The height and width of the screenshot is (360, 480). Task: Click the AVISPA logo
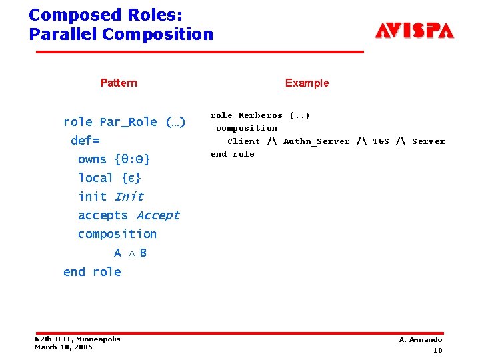point(414,31)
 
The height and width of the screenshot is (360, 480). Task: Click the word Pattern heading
point(119,83)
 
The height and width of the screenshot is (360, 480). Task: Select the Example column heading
point(307,83)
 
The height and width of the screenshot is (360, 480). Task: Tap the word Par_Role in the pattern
point(129,122)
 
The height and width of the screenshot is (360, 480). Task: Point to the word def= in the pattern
point(85,141)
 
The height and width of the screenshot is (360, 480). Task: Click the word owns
point(92,159)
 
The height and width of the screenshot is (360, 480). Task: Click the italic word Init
point(129,197)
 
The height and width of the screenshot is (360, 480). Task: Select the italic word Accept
point(158,215)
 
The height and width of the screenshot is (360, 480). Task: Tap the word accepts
point(103,215)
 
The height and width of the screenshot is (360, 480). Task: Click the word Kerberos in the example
point(261,115)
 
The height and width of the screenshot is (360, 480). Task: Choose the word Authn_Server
point(316,141)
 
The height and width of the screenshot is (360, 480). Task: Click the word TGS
point(381,141)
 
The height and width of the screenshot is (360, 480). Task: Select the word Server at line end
point(428,141)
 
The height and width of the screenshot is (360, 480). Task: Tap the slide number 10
point(437,350)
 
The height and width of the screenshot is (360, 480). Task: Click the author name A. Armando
point(420,340)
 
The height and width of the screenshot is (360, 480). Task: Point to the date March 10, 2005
point(63,347)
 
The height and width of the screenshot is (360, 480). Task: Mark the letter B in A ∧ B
point(143,253)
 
